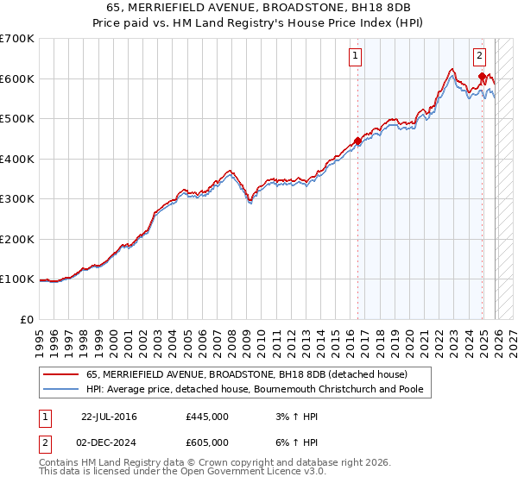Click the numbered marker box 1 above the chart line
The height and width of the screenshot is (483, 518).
click(356, 57)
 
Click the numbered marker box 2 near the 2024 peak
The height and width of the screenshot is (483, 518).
click(479, 57)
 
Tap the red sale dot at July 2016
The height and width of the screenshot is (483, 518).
click(357, 141)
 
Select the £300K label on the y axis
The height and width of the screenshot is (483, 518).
click(17, 199)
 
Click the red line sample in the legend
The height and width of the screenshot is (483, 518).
click(60, 374)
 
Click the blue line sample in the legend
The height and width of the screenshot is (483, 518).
click(60, 390)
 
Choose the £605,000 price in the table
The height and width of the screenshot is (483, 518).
click(206, 442)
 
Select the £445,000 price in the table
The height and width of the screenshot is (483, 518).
click(206, 417)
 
